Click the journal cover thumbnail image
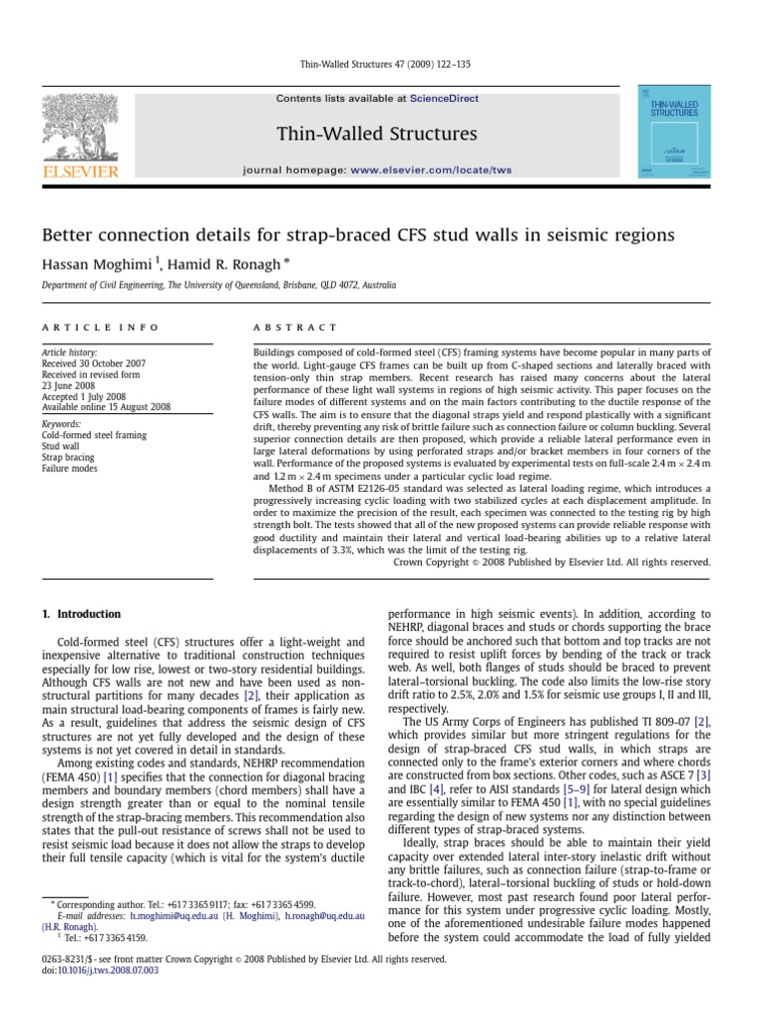(673, 133)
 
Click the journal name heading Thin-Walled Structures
(376, 134)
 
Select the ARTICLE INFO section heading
(81, 327)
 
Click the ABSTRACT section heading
(296, 327)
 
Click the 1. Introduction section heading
(85, 614)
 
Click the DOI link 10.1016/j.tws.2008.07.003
(105, 969)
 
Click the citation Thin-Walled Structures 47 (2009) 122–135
(384, 64)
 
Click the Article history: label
(70, 353)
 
